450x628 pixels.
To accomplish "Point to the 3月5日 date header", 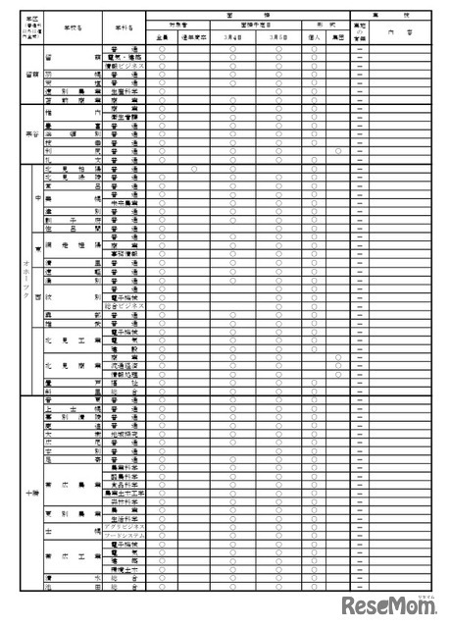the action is [280, 36].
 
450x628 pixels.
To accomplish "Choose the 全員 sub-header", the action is [162, 36].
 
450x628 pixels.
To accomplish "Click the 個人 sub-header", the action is [313, 36].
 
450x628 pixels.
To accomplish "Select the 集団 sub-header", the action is [338, 36].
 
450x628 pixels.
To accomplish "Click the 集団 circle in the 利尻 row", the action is [338, 150].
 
